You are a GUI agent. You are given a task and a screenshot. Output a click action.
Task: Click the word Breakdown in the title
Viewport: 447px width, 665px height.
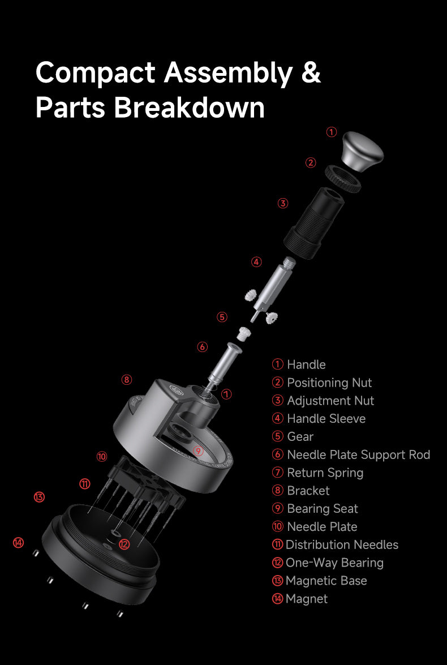pos(189,108)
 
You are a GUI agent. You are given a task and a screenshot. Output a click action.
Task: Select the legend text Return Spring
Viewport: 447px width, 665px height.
pos(325,473)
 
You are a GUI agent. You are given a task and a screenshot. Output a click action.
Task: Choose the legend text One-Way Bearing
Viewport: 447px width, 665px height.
pos(334,563)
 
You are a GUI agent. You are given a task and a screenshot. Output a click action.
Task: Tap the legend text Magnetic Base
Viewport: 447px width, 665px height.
pos(326,581)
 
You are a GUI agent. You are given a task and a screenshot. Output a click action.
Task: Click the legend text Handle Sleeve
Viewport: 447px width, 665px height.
pos(326,419)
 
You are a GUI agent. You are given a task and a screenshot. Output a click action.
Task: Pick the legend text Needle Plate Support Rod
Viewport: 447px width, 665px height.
pos(358,454)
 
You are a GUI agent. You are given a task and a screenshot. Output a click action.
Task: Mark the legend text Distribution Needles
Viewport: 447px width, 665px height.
pos(342,544)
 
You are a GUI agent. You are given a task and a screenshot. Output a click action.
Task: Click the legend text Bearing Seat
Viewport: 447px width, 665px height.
pos(323,509)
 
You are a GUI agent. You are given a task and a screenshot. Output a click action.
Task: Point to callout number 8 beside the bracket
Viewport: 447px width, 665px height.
pos(127,379)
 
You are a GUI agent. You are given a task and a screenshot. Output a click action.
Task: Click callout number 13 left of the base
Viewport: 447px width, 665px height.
pos(38,497)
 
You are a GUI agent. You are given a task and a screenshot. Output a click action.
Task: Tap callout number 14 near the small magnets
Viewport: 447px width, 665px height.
pos(19,543)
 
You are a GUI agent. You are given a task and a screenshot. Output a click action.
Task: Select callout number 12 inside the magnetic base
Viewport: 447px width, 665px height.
pos(124,544)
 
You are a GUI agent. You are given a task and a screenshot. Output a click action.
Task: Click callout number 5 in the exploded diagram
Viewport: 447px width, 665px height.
pos(222,317)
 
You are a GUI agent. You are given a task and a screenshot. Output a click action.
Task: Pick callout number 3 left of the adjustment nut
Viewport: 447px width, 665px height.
pos(283,203)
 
